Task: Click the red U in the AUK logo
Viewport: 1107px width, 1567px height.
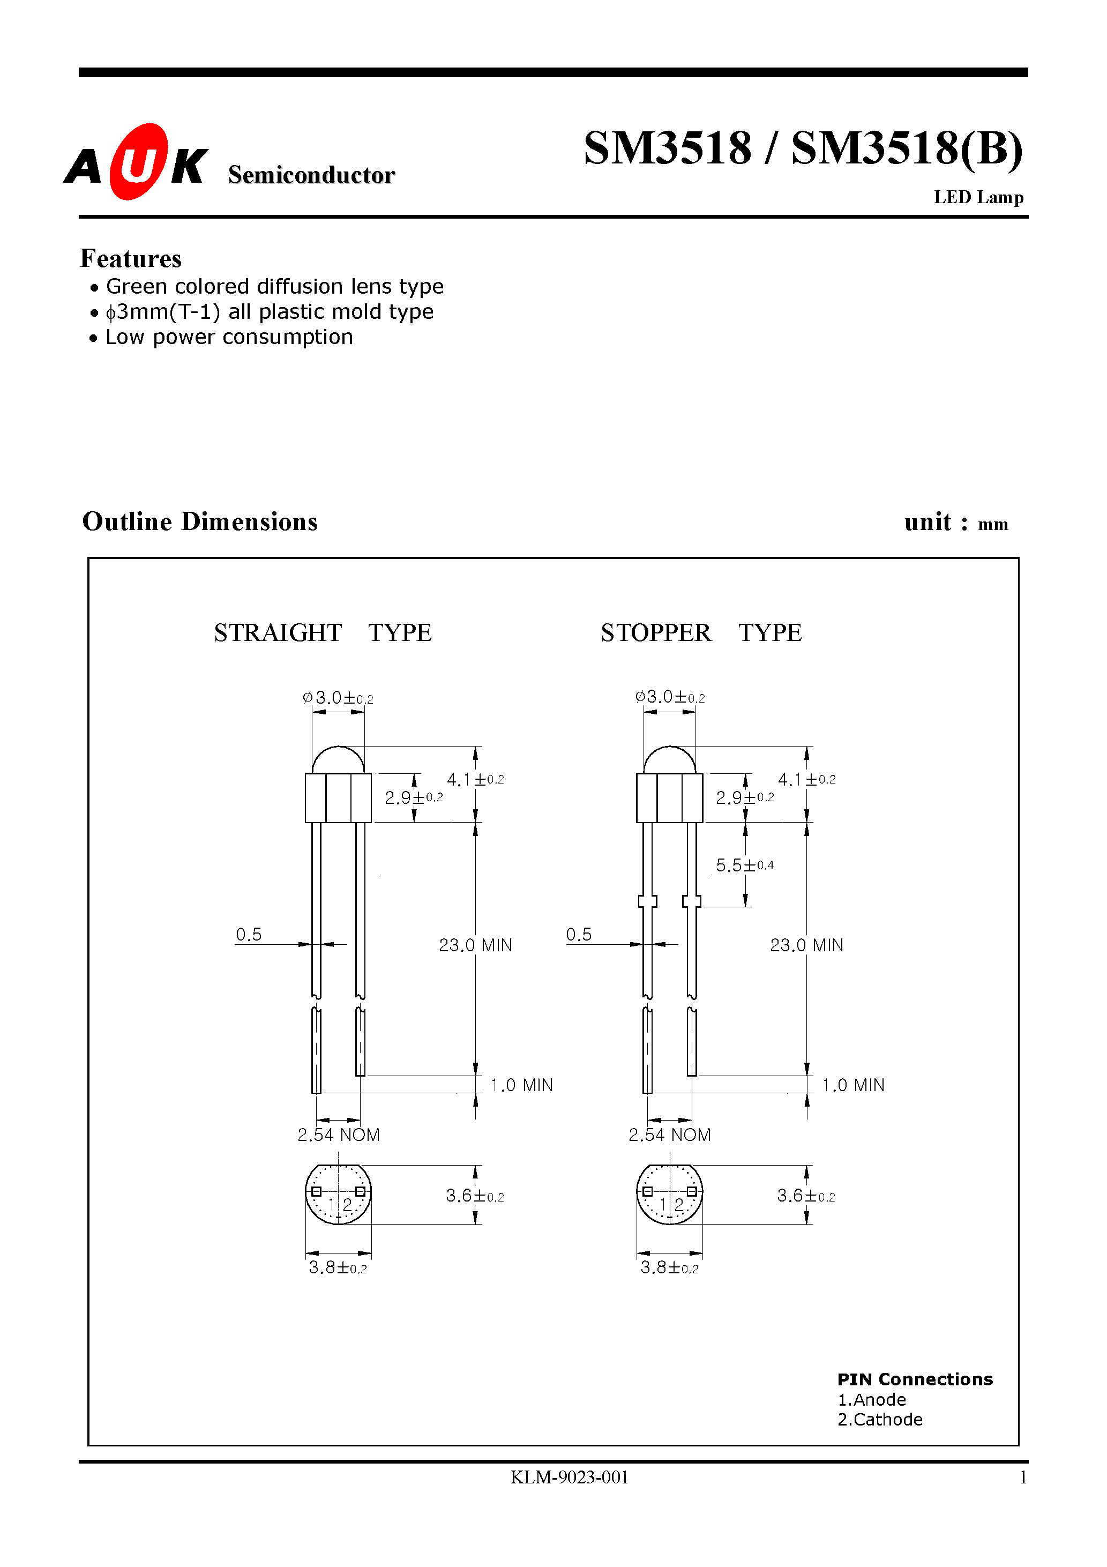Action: click(x=139, y=162)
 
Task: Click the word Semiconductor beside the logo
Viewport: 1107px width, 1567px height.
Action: click(x=311, y=175)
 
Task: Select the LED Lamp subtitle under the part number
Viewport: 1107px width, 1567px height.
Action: click(x=978, y=197)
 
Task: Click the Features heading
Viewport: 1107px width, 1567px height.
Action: click(x=130, y=259)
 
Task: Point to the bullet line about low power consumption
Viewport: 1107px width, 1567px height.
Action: click(x=229, y=337)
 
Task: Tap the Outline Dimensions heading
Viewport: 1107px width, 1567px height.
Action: click(x=199, y=521)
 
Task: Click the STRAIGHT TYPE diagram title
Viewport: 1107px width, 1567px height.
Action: click(x=322, y=633)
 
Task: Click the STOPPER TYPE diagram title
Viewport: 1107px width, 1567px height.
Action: click(x=700, y=633)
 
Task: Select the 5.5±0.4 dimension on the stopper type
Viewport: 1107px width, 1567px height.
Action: click(x=744, y=865)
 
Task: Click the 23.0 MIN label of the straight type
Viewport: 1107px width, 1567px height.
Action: click(x=475, y=945)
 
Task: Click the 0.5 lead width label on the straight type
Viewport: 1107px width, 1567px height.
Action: click(x=249, y=934)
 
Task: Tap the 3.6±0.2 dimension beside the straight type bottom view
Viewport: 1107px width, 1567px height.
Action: click(x=474, y=1196)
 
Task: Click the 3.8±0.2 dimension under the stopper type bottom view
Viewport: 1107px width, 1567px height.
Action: click(x=669, y=1268)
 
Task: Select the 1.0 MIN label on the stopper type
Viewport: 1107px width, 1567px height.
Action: click(x=852, y=1085)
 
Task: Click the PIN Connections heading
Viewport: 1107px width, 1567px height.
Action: click(x=915, y=1379)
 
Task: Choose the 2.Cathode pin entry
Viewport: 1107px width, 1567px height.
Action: click(x=879, y=1420)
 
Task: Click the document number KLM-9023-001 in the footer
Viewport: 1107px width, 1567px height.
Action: click(x=569, y=1478)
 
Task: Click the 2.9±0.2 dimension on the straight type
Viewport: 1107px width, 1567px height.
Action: click(x=414, y=797)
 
